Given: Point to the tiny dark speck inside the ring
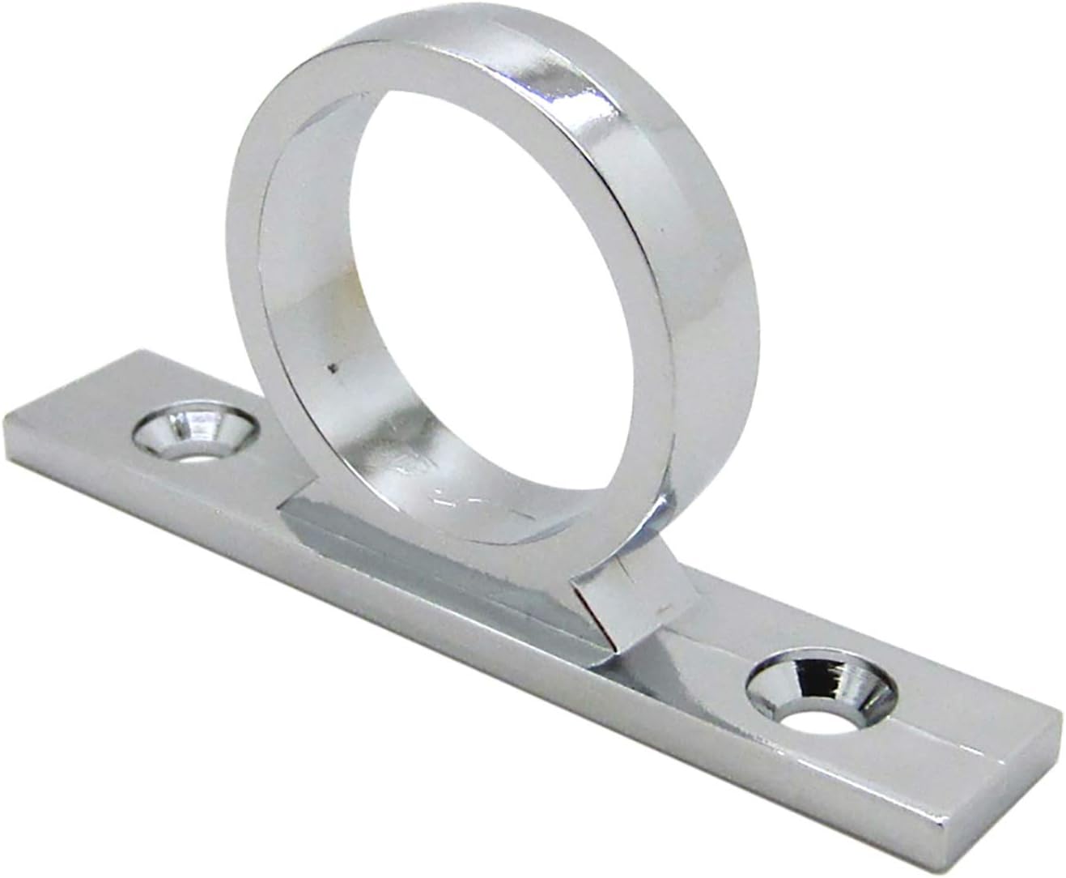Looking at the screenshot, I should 329,369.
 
